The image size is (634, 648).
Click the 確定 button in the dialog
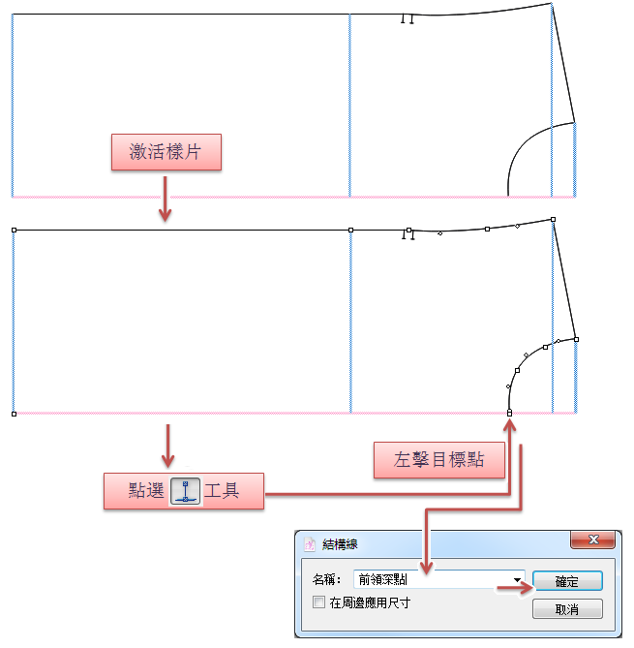tap(566, 581)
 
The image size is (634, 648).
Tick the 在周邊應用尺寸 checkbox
tap(318, 602)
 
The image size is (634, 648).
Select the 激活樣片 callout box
tap(166, 152)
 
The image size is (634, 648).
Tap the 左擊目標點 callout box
tap(439, 460)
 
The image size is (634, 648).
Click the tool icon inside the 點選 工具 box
tap(185, 491)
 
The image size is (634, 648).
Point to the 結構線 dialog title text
tap(340, 544)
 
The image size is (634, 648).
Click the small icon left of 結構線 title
tap(311, 544)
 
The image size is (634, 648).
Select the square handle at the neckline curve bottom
tap(509, 414)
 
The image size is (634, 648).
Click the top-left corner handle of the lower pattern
tap(14, 231)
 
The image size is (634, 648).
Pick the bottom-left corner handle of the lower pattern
tap(14, 414)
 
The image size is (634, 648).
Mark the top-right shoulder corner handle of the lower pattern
tap(553, 220)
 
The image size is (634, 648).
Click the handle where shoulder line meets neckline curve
tap(576, 339)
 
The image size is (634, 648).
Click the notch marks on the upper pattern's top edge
tap(408, 18)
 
